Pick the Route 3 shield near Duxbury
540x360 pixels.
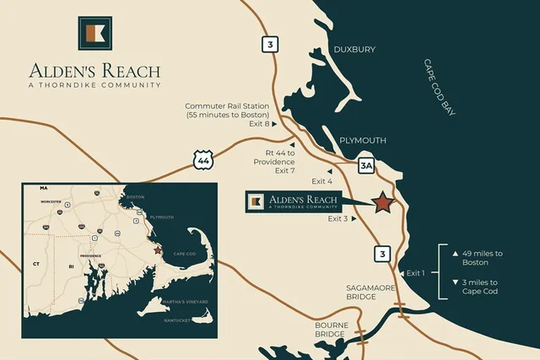[269, 45]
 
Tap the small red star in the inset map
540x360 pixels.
[158, 250]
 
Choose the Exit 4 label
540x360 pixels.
[322, 181]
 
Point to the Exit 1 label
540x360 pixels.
[417, 272]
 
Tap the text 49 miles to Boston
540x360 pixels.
[481, 258]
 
